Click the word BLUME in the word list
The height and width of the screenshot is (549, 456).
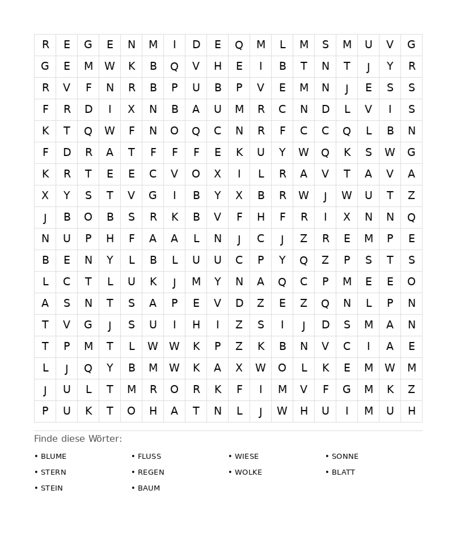(x=54, y=456)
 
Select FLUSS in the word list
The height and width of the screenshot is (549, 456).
(x=149, y=456)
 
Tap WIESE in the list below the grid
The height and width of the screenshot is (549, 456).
(x=247, y=456)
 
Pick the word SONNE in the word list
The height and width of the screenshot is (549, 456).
(x=345, y=456)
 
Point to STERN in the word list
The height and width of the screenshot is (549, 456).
(x=54, y=472)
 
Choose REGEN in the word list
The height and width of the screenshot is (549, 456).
(x=151, y=472)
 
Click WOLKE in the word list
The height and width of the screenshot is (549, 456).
(x=248, y=472)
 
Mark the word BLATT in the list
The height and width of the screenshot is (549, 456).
(x=343, y=472)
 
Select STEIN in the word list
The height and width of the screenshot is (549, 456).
(x=52, y=488)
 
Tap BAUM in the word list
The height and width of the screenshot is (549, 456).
(x=149, y=488)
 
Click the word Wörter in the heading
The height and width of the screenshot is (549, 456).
(x=105, y=439)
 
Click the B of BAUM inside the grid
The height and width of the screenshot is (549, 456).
(x=174, y=109)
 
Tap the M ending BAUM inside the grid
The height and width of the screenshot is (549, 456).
(x=239, y=109)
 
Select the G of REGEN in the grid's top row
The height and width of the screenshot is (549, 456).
(x=88, y=45)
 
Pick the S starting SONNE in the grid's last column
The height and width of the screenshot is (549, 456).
(x=411, y=260)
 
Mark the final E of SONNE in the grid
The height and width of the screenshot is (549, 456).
(x=411, y=346)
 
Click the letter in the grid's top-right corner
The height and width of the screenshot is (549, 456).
(x=411, y=45)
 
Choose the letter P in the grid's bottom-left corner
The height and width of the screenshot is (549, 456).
(x=45, y=411)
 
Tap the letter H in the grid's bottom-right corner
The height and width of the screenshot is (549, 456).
(x=411, y=411)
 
